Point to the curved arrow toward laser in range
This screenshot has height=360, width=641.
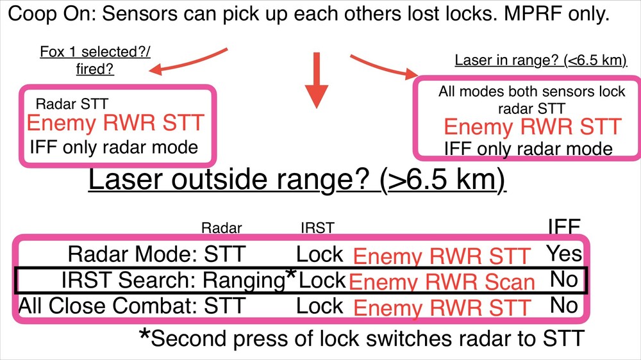381,64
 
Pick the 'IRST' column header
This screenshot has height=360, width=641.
317,227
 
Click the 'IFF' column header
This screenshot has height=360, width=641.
563,226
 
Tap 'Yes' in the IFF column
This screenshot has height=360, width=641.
564,254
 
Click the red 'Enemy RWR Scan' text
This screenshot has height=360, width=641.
442,282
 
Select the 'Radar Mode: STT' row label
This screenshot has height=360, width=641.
156,254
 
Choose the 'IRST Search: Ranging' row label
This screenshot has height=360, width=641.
172,280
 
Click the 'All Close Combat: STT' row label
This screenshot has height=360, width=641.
132,306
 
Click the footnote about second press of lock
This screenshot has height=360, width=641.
362,338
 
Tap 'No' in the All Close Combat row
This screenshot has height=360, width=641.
564,306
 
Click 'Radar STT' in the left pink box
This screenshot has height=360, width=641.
72,103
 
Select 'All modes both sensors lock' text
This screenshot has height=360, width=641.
531,91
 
